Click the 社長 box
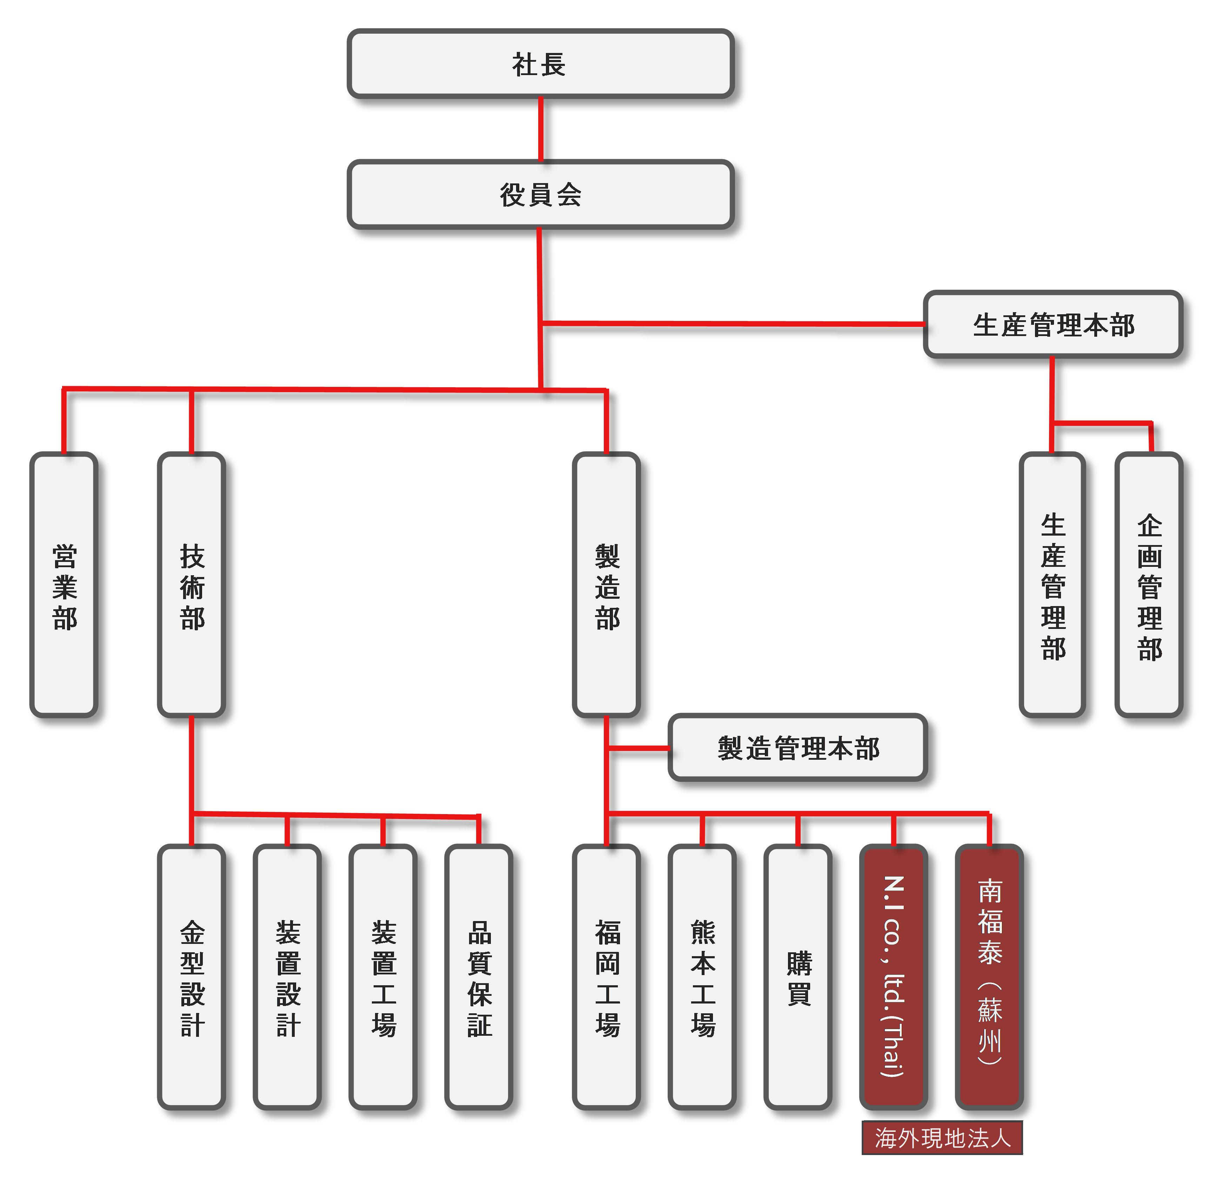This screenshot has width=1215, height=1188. [x=540, y=63]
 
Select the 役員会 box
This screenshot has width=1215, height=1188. [x=540, y=195]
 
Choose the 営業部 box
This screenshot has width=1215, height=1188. [x=64, y=585]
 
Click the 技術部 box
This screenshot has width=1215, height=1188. [x=192, y=585]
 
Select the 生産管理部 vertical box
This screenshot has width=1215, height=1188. [x=1053, y=585]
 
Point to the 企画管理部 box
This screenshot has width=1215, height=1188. [x=1149, y=585]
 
